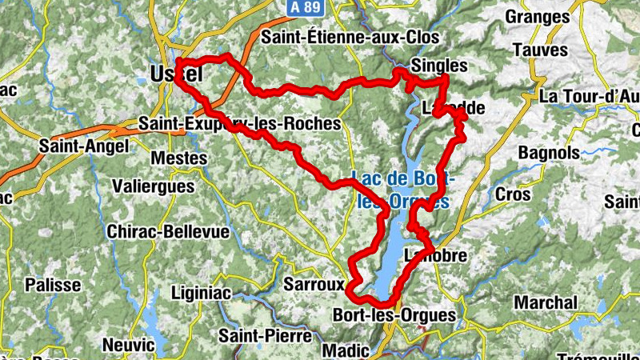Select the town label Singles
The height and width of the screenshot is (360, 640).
[x=438, y=65]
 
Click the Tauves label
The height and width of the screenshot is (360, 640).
[x=541, y=50]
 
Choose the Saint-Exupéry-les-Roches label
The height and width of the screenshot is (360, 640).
[x=239, y=124]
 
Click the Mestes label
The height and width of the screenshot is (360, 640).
[x=178, y=158]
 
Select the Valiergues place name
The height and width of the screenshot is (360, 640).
[x=154, y=186]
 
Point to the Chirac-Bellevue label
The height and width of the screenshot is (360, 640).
[x=167, y=232]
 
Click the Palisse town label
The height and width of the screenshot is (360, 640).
[x=53, y=285]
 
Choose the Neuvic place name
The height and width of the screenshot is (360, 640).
[x=129, y=345]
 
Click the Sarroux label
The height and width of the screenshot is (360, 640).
[x=314, y=284]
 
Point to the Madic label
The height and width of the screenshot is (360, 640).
[x=346, y=350]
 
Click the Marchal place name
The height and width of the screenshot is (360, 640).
[x=545, y=302]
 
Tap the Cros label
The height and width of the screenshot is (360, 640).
[x=513, y=194]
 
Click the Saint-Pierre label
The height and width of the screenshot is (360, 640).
[x=266, y=334]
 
